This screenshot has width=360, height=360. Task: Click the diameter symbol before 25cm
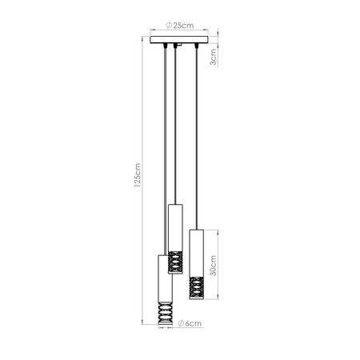167,26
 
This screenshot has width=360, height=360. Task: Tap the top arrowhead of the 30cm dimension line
218,232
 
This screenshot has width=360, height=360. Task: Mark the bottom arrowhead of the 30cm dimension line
218,301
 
